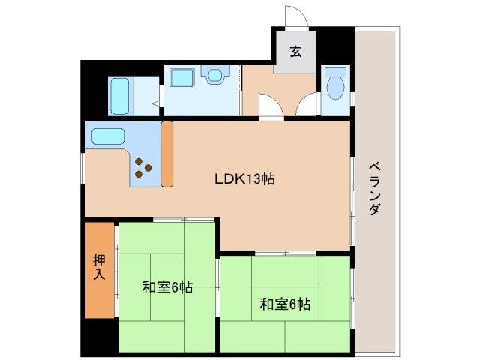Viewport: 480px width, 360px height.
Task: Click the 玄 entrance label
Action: point(295,52)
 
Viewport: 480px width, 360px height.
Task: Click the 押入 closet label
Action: point(100,268)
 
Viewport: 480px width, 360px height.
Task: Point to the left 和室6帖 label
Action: point(167,286)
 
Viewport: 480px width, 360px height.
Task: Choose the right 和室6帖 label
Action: point(285,304)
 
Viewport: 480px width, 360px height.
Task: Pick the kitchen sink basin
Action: point(108,138)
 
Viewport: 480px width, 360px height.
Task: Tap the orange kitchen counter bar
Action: point(167,154)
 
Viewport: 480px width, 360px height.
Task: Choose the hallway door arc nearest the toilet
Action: point(307,106)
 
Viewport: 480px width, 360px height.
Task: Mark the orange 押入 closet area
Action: point(100,268)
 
